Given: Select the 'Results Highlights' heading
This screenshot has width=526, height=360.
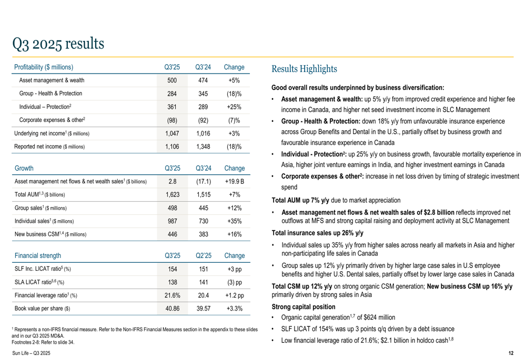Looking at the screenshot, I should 304,69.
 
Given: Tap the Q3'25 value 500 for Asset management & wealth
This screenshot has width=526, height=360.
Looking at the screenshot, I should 172,80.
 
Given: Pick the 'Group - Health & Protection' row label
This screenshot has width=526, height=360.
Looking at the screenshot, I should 50,94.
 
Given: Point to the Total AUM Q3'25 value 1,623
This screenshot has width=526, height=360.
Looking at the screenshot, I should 172,194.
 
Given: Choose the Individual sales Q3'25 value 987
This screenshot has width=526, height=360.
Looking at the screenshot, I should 172,220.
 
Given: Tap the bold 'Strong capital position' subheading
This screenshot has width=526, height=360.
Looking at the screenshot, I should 304,306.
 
